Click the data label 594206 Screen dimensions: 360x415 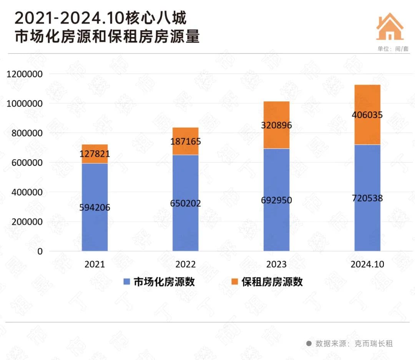click(95, 207)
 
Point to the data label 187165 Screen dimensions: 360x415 click(185, 141)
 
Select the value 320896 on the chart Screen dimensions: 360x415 click(276, 125)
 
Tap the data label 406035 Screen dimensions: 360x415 click(367, 115)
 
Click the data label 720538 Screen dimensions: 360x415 click(367, 198)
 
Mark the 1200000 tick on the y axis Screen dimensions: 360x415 click(24, 74)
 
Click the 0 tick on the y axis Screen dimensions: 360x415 click(39, 251)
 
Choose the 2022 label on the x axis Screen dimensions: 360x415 click(185, 265)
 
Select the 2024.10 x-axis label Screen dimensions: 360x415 click(367, 265)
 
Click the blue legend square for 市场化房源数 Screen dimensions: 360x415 click(127, 282)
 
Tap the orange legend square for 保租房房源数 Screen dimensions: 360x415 click(235, 282)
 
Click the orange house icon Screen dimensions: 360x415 click(390, 27)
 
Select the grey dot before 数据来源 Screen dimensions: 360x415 click(309, 343)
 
